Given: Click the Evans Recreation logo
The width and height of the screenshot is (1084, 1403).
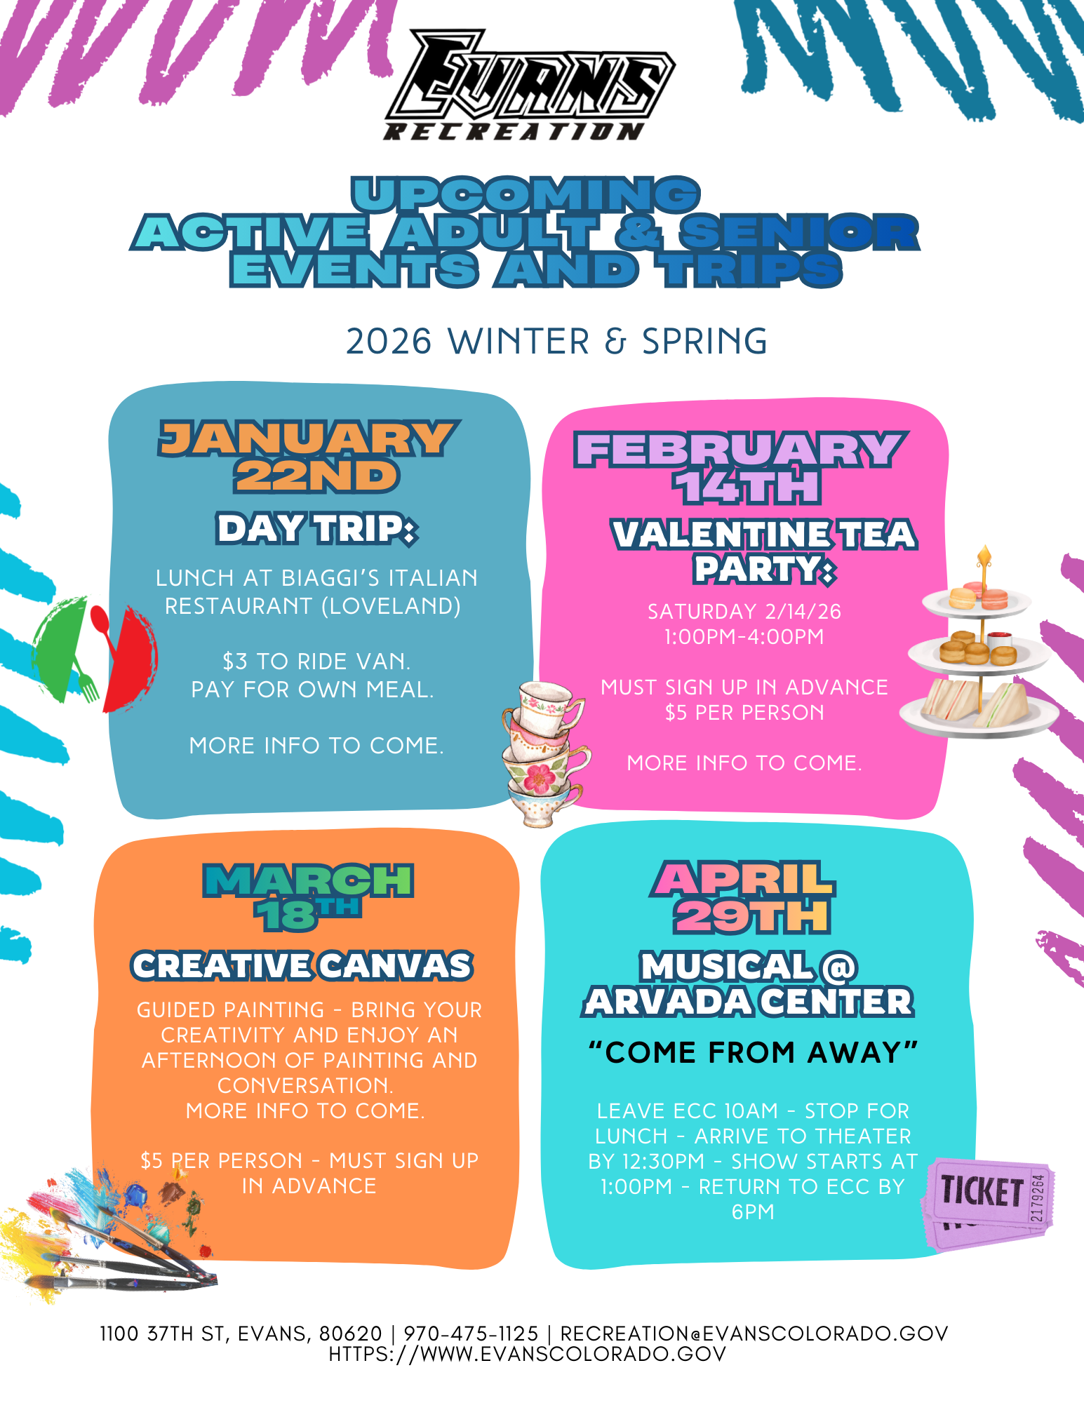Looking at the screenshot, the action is pyautogui.click(x=530, y=85).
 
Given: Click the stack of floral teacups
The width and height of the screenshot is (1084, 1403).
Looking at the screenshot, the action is pyautogui.click(x=544, y=753).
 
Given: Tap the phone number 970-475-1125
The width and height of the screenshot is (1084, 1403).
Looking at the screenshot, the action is pyautogui.click(x=471, y=1333).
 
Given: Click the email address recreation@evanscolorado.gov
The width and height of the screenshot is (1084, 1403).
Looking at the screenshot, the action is pyautogui.click(x=754, y=1333).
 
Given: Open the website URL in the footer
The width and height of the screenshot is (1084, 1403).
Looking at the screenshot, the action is pyautogui.click(x=528, y=1354).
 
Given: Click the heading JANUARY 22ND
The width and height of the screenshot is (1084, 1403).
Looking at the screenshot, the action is pyautogui.click(x=309, y=457).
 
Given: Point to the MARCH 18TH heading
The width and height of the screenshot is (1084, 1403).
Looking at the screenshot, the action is pyautogui.click(x=308, y=897).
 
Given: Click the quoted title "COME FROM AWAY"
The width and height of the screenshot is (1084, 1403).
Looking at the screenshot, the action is pyautogui.click(x=753, y=1052).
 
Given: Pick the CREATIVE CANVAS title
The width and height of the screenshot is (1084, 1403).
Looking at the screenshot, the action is pyautogui.click(x=302, y=966).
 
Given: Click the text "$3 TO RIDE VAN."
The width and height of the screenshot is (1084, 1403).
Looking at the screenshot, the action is pyautogui.click(x=316, y=662).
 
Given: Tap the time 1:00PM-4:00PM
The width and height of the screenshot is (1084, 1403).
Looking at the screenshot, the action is pyautogui.click(x=744, y=637).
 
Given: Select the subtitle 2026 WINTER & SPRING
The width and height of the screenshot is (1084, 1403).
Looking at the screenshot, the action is pyautogui.click(x=557, y=342).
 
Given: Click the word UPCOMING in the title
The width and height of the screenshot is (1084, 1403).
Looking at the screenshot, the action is pyautogui.click(x=526, y=194).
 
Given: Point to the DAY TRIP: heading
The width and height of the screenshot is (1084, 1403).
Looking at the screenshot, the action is pyautogui.click(x=317, y=529).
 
